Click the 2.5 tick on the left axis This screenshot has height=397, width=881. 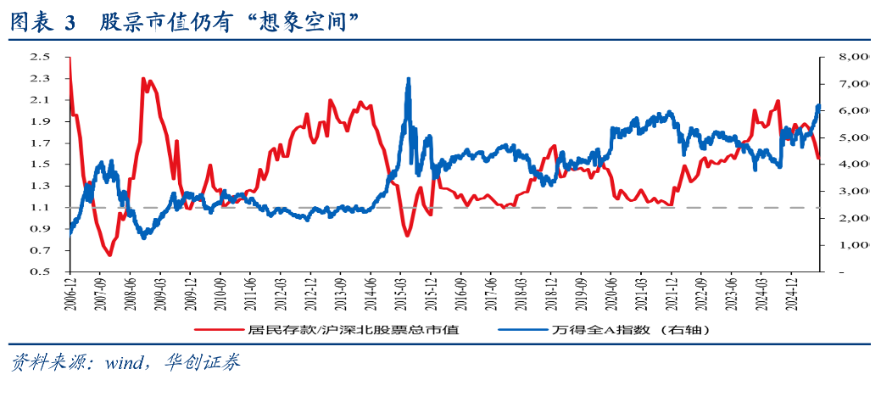click(39, 57)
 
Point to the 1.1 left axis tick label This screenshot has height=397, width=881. click(39, 207)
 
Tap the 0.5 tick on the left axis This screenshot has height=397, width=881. click(39, 271)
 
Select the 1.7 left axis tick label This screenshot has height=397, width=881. click(39, 143)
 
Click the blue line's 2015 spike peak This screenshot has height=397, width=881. click(409, 79)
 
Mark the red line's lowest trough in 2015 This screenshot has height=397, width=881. click(407, 235)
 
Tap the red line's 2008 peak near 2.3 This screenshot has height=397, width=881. click(143, 79)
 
